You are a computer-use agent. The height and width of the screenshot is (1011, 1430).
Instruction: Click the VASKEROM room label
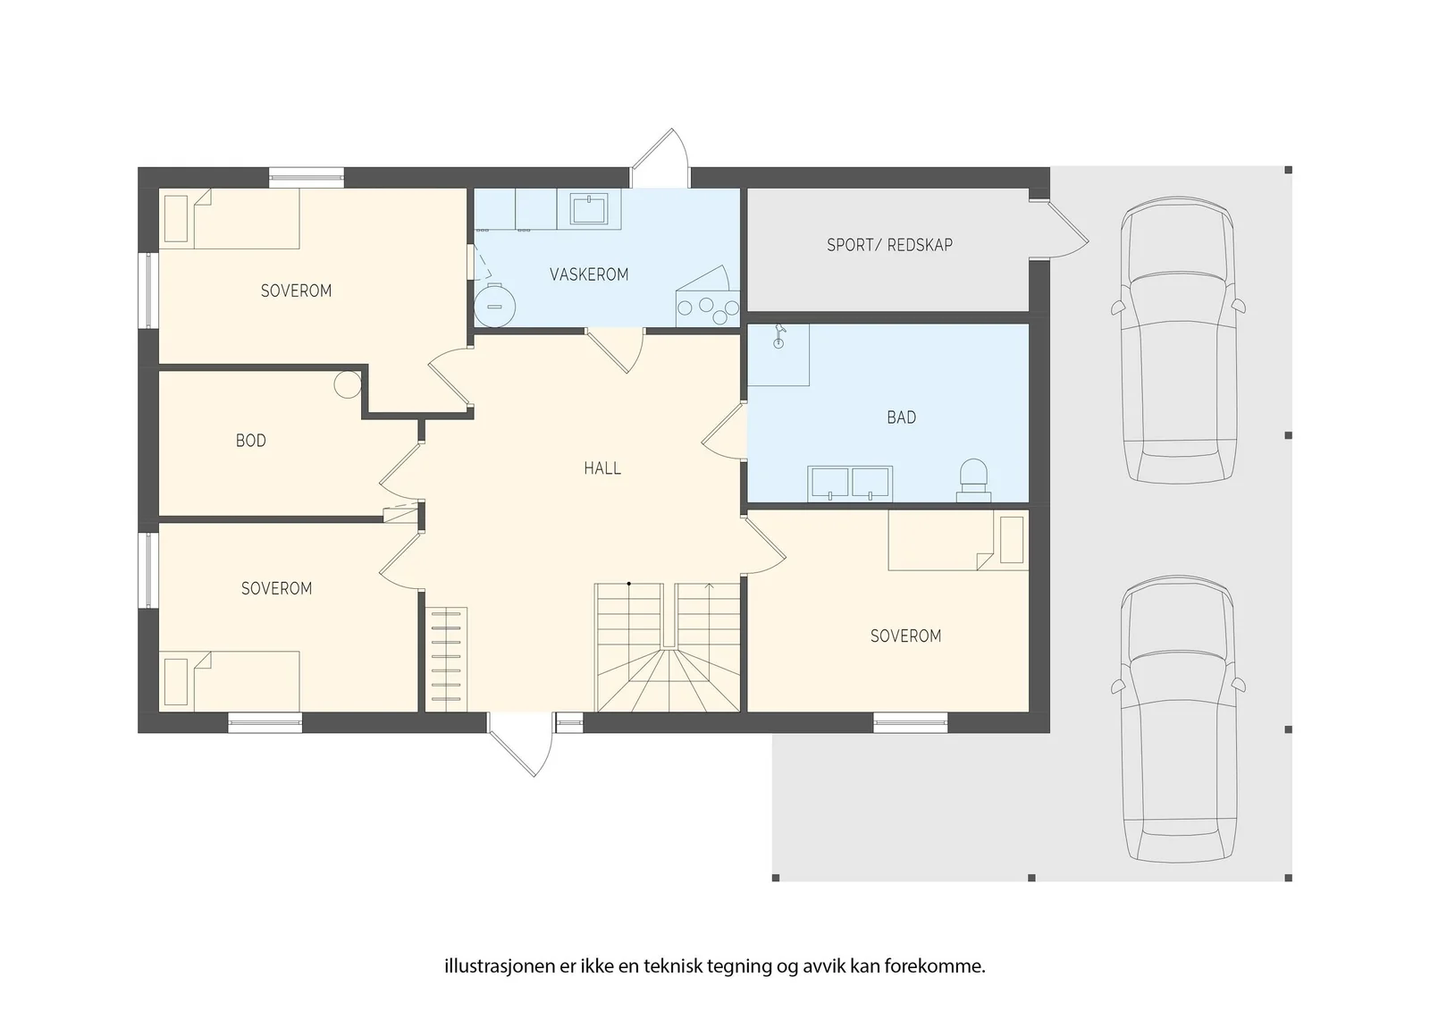[589, 274]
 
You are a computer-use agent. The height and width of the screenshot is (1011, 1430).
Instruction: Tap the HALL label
[602, 468]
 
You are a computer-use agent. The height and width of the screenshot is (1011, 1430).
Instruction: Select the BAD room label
[902, 417]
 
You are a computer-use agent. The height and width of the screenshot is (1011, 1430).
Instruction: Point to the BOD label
[251, 441]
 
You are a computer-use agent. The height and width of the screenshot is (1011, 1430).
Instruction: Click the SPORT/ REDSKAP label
[889, 245]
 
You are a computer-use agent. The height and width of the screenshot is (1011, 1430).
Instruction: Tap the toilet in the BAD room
[973, 480]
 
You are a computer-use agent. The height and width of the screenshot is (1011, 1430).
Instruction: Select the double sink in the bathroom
[850, 484]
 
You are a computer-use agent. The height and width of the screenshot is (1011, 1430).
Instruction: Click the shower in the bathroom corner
[778, 355]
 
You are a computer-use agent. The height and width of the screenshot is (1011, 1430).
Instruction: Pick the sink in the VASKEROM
[588, 209]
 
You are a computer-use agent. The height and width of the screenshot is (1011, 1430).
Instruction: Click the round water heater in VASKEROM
[495, 306]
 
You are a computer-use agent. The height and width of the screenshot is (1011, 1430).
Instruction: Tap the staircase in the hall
[668, 647]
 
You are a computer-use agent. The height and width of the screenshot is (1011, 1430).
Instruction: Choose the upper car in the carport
[1178, 340]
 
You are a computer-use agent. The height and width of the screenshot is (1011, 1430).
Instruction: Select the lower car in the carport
[1178, 719]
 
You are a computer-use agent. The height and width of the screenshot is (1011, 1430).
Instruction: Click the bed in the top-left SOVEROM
[229, 218]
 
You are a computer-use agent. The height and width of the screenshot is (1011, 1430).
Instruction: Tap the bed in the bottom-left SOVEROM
[229, 681]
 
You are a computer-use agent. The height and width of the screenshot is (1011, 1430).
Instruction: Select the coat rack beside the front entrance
[446, 659]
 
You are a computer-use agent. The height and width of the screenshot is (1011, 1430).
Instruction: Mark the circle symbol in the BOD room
[348, 385]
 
